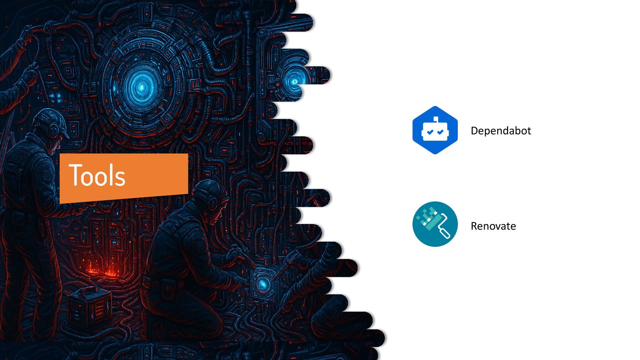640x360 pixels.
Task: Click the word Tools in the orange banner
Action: pos(97,175)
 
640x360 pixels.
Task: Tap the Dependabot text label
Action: pos(501,131)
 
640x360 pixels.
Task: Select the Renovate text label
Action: pos(493,226)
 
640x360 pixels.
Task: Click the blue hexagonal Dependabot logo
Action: pos(435,130)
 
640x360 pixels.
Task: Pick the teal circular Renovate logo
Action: pos(435,224)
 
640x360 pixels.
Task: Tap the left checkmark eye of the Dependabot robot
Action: pos(430,132)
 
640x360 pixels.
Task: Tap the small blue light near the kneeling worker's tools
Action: pos(263,284)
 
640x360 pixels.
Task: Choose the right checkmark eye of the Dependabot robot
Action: pos(440,132)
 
